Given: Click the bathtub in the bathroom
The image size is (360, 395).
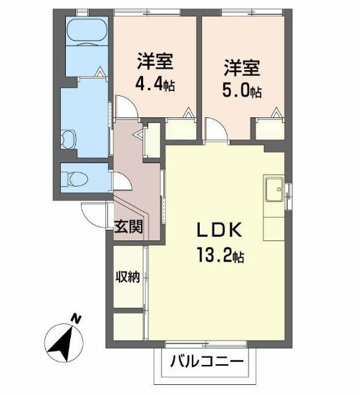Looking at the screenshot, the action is click(x=87, y=31).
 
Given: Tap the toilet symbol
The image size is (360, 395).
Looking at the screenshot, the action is click(x=75, y=179).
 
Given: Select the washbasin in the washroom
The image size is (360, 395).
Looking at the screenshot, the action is click(x=68, y=140).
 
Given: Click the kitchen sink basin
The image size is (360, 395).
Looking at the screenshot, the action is click(x=274, y=189).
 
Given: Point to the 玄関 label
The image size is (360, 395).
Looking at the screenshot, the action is click(x=129, y=226).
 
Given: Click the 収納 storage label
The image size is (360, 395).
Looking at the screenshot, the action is click(x=127, y=277).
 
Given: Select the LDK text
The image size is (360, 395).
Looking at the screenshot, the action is click(x=220, y=230).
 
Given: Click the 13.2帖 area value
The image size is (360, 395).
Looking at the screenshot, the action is click(x=220, y=255).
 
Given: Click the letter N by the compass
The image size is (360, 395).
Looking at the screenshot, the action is click(x=76, y=318).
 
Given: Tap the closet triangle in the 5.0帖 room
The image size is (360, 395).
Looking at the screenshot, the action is click(x=276, y=112).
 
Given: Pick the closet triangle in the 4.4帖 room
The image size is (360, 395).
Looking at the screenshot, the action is click(x=188, y=112).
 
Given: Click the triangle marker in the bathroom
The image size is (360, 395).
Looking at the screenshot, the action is click(x=101, y=72).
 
